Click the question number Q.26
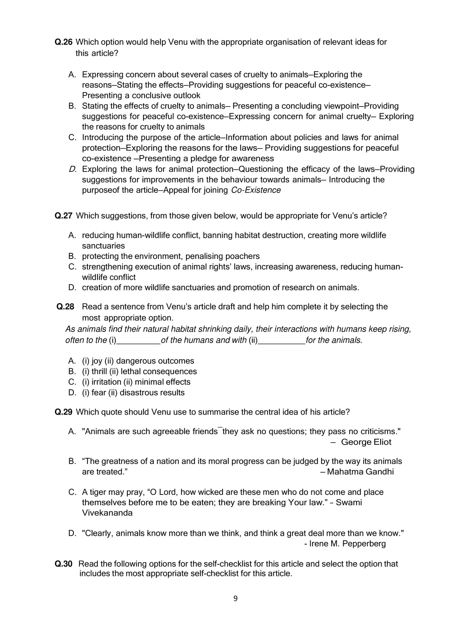tap(63, 42)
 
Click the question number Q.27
tap(63, 216)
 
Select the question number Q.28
tap(65, 307)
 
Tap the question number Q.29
tap(63, 412)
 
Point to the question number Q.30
tap(63, 564)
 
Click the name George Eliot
tap(366, 442)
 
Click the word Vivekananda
tap(107, 513)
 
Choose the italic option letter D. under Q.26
tap(72, 169)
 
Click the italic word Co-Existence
tap(256, 190)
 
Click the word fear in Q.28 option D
tap(99, 393)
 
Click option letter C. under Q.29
tap(72, 492)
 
